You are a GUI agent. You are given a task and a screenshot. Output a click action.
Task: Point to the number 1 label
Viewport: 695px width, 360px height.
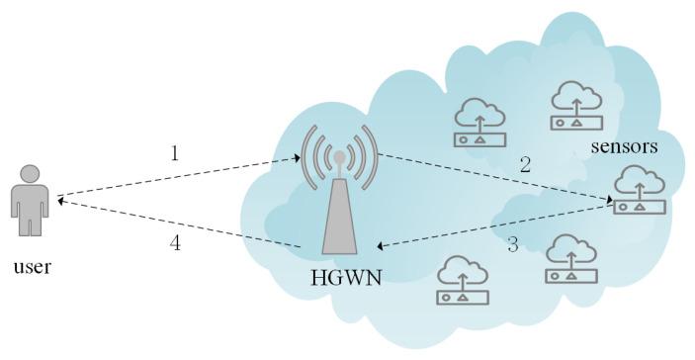[x=174, y=153]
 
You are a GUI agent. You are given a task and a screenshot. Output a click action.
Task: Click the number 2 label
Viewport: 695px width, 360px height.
[x=525, y=165]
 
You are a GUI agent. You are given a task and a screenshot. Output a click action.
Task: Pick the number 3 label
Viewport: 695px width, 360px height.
[x=512, y=244]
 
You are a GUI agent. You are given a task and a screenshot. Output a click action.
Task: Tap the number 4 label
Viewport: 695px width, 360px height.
[x=174, y=244]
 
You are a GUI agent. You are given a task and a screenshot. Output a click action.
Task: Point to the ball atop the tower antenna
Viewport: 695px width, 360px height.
[x=339, y=156]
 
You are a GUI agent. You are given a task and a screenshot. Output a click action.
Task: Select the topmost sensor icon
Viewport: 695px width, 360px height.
[x=577, y=103]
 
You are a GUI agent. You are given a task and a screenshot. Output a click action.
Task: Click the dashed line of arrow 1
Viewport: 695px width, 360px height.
[x=178, y=176]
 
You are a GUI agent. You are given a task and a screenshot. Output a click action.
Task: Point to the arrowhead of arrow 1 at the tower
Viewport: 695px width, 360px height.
[x=296, y=157]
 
